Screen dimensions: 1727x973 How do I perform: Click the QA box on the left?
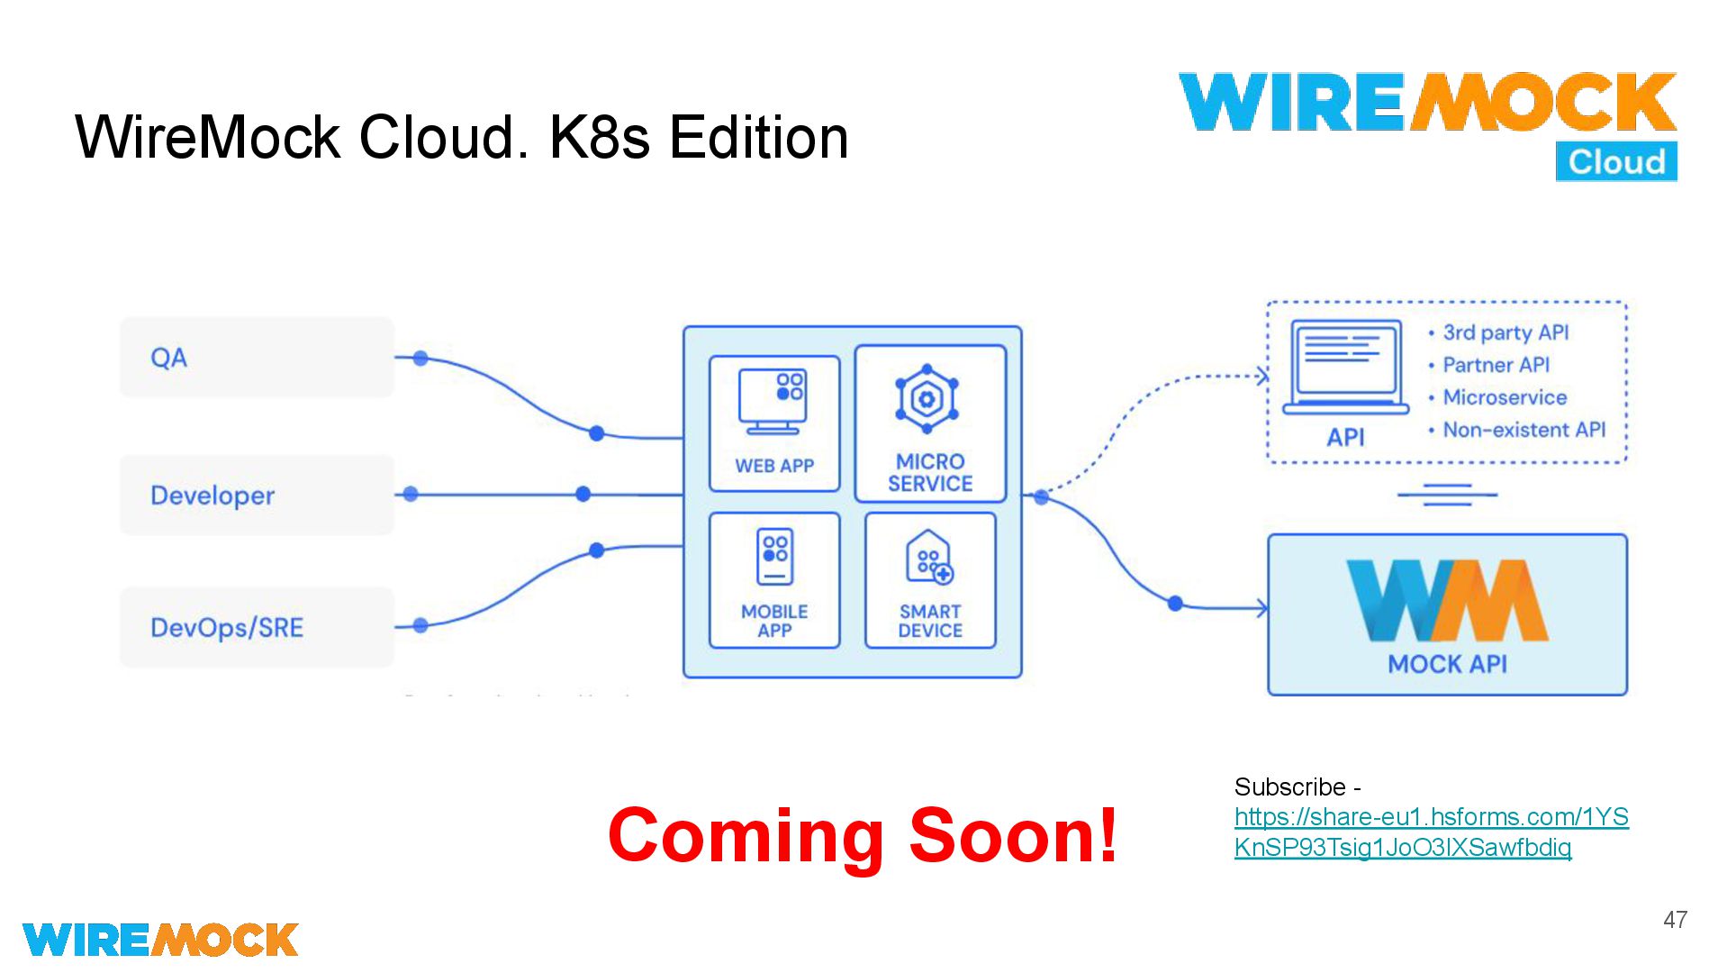point(257,358)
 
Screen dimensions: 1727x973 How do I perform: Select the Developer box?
point(257,496)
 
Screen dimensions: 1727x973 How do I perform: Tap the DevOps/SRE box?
point(257,627)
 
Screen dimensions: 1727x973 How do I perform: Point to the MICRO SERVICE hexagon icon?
point(927,398)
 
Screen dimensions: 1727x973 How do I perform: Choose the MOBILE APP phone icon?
point(774,557)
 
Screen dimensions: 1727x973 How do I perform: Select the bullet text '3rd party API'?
point(1505,332)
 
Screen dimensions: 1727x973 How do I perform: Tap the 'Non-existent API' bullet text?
point(1524,430)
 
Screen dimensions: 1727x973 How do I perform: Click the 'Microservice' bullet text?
point(1505,397)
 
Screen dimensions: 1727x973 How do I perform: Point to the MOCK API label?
point(1447,664)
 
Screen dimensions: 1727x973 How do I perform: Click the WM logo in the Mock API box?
point(1447,600)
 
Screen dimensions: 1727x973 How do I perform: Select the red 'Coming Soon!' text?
point(862,835)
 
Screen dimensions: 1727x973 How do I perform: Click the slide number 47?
point(1675,920)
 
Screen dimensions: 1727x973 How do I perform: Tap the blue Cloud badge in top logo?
point(1616,162)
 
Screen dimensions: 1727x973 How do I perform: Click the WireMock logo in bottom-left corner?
point(160,940)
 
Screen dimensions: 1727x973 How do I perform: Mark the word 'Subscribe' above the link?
point(1289,787)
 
